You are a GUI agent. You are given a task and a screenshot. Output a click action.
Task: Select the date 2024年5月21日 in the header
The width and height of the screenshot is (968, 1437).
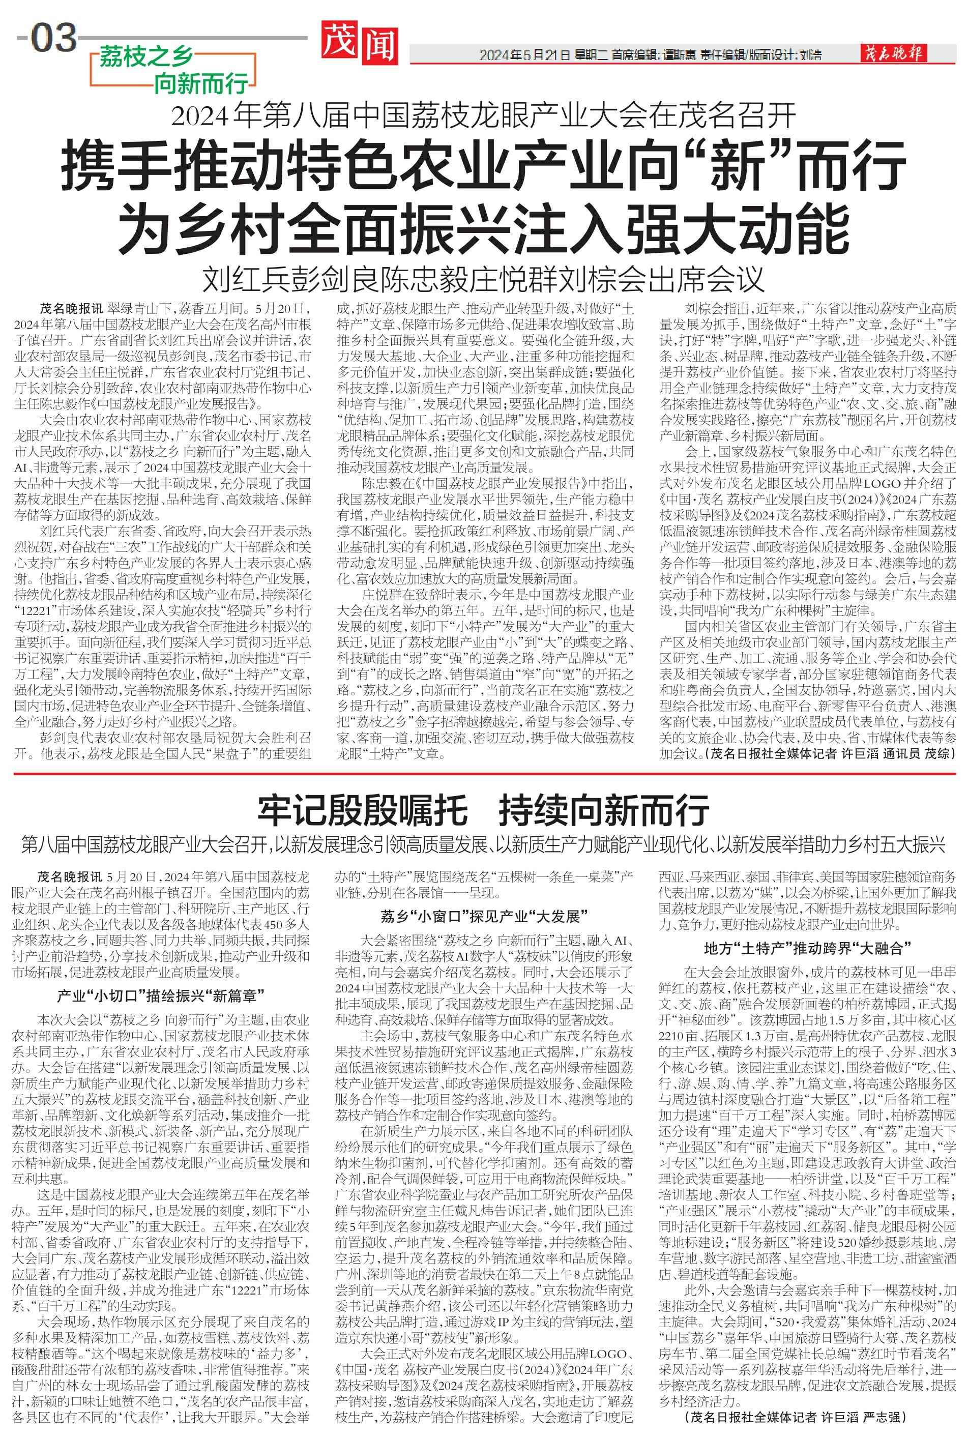523,55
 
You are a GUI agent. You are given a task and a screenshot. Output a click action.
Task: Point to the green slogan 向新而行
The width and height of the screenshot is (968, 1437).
200,82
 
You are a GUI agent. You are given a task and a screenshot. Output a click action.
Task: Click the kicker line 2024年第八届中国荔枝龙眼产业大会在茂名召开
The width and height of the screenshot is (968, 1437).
483,115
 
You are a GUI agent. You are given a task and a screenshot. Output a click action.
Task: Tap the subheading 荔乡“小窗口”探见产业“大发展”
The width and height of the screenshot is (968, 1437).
483,916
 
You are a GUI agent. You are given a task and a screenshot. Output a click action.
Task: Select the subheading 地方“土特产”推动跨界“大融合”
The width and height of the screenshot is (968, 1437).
807,948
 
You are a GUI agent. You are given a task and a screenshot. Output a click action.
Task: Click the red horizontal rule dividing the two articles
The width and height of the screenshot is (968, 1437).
483,773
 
